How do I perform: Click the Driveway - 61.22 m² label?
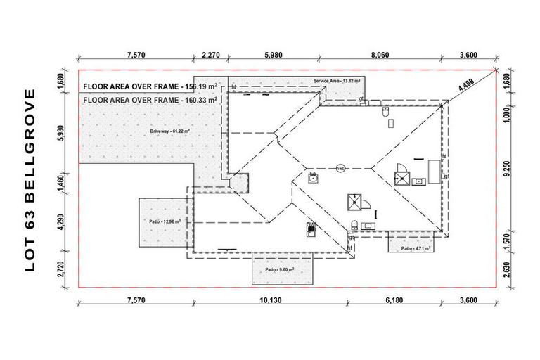(x=170, y=131)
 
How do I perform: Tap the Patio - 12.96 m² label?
(x=165, y=221)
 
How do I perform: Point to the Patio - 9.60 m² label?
(x=279, y=269)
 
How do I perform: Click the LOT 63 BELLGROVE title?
(x=30, y=180)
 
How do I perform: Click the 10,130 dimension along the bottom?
(x=270, y=300)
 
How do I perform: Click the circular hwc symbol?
(x=339, y=169)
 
